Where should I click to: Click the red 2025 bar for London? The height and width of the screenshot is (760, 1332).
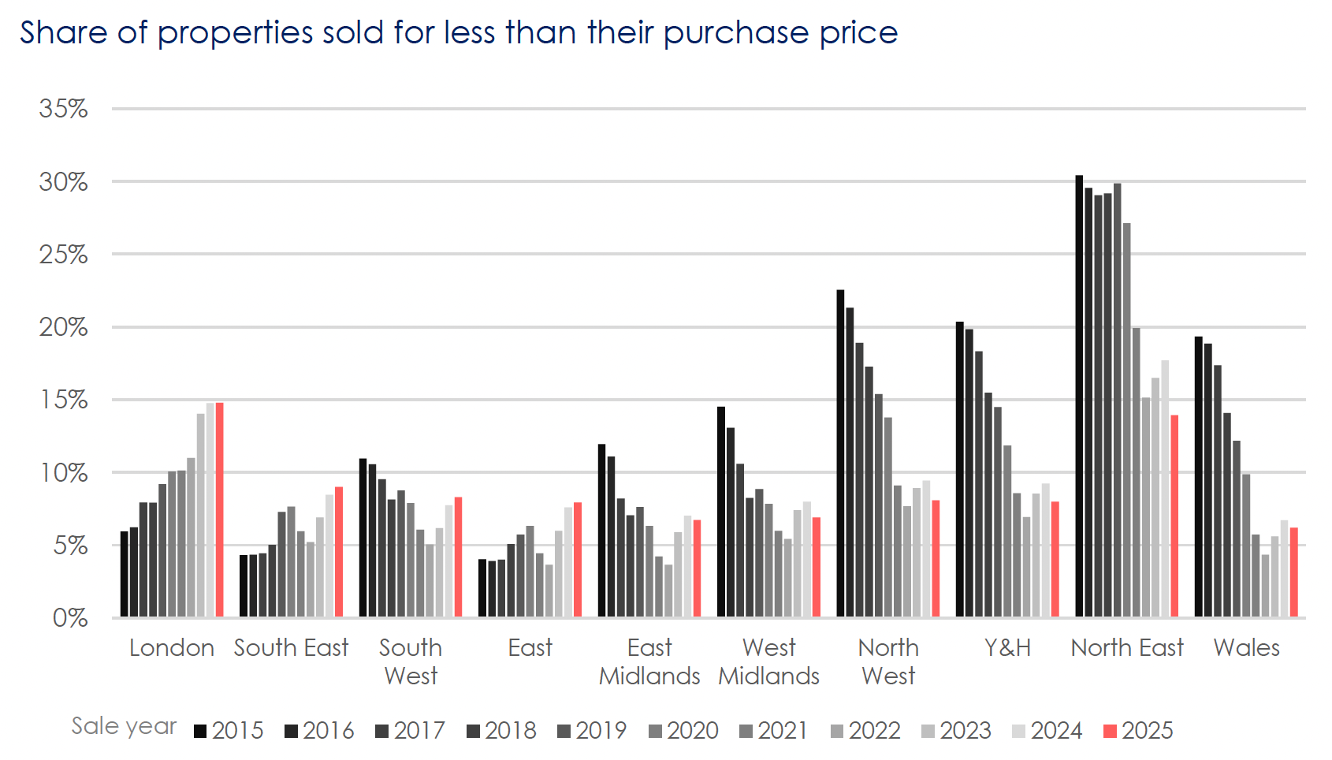pyautogui.click(x=220, y=509)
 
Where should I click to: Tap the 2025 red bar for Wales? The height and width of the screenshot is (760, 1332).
pyautogui.click(x=1294, y=572)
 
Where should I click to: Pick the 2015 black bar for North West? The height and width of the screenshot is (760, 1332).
pyautogui.click(x=840, y=453)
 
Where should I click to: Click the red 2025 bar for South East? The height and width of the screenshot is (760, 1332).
pyautogui.click(x=339, y=551)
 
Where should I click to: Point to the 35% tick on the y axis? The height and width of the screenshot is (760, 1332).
pyautogui.click(x=63, y=109)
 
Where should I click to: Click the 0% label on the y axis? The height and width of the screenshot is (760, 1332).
pyautogui.click(x=70, y=617)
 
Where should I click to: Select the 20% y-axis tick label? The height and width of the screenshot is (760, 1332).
pyautogui.click(x=63, y=327)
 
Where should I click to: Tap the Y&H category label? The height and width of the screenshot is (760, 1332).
pyautogui.click(x=1007, y=648)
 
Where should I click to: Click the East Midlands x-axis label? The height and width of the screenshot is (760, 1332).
pyautogui.click(x=649, y=661)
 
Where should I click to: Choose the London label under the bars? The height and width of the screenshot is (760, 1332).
pyautogui.click(x=172, y=648)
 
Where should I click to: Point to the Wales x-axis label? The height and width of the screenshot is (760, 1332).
pyautogui.click(x=1246, y=648)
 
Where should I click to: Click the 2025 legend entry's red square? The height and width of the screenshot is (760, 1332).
pyautogui.click(x=1110, y=731)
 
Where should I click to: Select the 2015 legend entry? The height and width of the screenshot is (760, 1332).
pyautogui.click(x=229, y=731)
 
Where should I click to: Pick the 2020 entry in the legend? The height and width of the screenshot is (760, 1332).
pyautogui.click(x=683, y=731)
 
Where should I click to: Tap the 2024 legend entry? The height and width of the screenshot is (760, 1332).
pyautogui.click(x=1047, y=731)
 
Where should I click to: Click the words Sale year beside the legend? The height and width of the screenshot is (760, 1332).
pyautogui.click(x=124, y=726)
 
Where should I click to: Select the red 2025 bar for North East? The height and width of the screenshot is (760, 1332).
pyautogui.click(x=1174, y=516)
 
